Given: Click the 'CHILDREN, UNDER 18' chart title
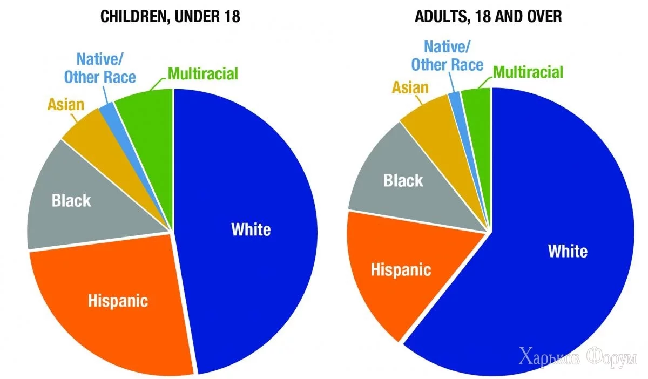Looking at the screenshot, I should tap(170, 17).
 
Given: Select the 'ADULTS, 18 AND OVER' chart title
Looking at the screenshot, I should tap(488, 17).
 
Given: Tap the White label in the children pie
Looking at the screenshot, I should tap(251, 229).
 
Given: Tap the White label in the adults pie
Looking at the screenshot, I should tap(568, 251).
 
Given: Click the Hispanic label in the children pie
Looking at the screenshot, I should tap(118, 300).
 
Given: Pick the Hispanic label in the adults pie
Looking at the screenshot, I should tap(401, 269).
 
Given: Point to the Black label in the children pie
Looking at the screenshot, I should tap(71, 201).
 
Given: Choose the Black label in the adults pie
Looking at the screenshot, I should tap(403, 180).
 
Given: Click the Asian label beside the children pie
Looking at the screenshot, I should tap(66, 104).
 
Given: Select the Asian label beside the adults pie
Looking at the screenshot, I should tap(410, 87).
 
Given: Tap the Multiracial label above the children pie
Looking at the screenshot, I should tap(202, 74).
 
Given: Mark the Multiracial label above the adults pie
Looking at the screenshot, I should tap(528, 72).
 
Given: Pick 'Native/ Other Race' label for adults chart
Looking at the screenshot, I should tap(447, 56).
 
